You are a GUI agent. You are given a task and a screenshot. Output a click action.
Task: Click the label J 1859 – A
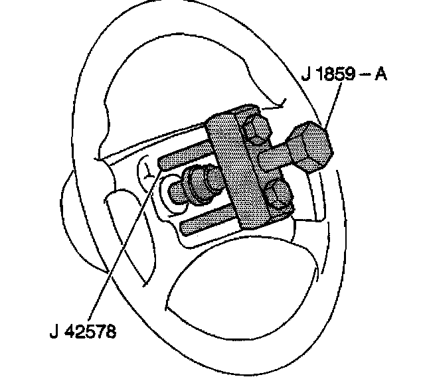pos(343,74)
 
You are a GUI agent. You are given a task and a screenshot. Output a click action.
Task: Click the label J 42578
pos(82,329)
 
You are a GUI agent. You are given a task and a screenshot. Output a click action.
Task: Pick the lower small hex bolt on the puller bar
pos(278,196)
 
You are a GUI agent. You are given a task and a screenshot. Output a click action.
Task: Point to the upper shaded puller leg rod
pos(183,159)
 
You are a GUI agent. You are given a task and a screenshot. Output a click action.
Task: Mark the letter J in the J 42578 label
pos(53,329)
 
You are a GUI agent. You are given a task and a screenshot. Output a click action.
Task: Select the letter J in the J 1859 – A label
pos(305,74)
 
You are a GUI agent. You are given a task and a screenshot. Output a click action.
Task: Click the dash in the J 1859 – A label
pos(364,74)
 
